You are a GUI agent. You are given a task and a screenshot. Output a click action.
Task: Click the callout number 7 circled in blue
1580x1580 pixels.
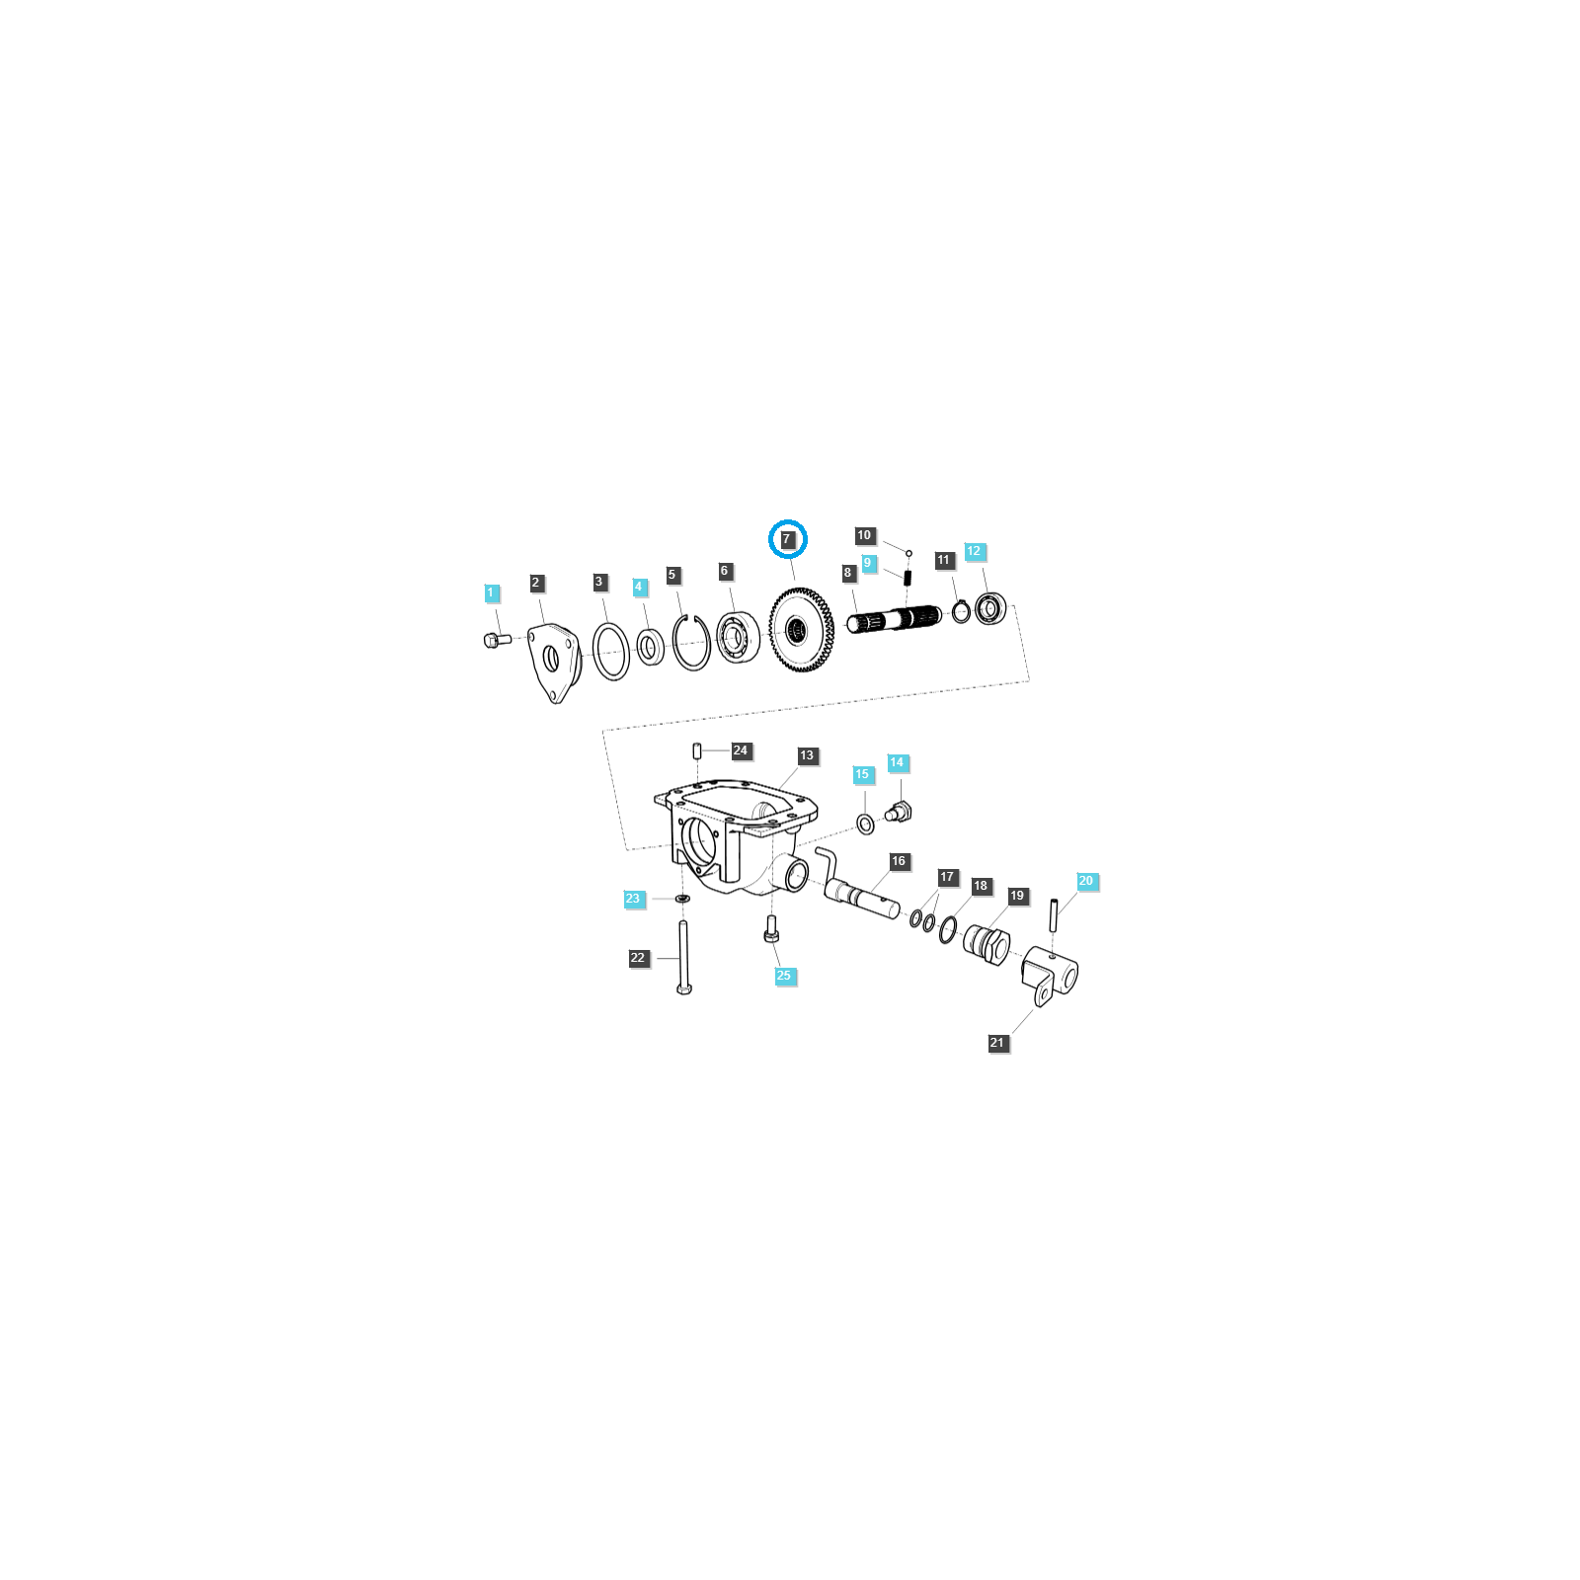787,539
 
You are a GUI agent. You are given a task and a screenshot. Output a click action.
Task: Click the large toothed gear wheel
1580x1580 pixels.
800,629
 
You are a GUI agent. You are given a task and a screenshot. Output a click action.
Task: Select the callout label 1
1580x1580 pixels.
491,592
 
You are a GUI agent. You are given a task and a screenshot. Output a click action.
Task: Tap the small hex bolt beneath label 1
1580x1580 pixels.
497,641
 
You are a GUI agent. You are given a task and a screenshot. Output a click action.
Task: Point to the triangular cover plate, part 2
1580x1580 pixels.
555,663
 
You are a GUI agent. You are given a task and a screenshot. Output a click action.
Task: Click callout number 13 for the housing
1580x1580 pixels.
807,755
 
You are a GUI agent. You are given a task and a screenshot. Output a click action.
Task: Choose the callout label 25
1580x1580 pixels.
784,976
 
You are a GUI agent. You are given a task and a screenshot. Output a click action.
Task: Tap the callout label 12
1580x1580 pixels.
975,551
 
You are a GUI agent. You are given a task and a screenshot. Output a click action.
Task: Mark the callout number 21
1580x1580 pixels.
997,1043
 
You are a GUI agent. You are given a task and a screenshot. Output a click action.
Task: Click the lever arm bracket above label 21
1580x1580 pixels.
1050,974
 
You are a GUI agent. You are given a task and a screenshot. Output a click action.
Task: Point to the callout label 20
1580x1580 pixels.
1086,881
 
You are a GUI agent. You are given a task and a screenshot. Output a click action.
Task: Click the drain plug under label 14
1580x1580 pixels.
900,813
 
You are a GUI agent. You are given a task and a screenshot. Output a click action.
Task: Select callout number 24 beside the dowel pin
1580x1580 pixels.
741,750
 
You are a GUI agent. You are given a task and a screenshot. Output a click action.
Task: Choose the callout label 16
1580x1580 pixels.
899,861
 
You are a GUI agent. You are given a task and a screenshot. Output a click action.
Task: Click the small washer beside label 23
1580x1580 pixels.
682,899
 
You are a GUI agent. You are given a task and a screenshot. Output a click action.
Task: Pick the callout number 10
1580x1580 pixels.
864,535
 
